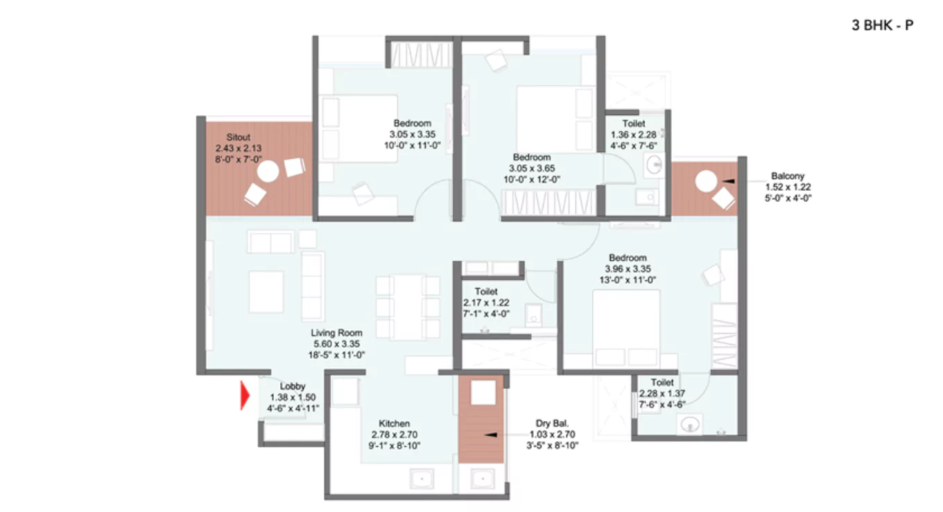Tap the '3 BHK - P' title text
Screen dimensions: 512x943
[882, 26]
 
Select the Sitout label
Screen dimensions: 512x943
[238, 137]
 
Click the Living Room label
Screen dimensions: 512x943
[337, 333]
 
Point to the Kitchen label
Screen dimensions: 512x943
[394, 423]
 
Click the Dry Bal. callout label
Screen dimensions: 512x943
[553, 423]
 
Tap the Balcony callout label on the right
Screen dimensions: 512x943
[788, 176]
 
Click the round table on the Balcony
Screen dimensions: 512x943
[707, 182]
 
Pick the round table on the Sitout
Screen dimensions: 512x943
[270, 171]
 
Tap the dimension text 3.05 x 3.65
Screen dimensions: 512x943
[532, 168]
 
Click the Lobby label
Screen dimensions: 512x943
[293, 386]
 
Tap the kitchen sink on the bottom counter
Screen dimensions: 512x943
[421, 479]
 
